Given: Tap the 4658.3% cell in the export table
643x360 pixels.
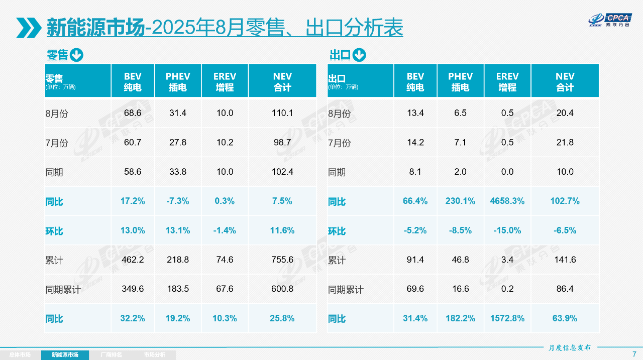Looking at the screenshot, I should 507,201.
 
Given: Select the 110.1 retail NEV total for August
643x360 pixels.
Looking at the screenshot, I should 282,113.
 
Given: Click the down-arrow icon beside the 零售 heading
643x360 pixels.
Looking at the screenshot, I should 76,55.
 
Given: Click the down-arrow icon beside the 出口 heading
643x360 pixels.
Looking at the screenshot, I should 359,55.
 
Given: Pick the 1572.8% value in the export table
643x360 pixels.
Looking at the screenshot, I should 507,318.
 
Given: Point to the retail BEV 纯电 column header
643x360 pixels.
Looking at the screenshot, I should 133,81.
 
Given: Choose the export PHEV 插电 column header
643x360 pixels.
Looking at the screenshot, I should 460,81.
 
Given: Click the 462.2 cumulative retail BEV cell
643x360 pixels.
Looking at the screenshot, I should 133,260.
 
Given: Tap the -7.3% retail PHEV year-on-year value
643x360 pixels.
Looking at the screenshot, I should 178,201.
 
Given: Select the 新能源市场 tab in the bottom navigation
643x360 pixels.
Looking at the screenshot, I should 65,355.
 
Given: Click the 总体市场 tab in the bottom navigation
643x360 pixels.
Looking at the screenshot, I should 20,355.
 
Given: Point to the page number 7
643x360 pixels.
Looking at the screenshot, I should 634,354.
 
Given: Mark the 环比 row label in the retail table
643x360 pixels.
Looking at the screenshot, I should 54,231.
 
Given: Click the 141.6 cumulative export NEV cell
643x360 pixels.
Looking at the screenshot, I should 565,260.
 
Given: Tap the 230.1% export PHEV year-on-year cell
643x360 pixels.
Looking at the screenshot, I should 460,201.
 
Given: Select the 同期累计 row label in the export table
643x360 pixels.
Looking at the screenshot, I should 346,290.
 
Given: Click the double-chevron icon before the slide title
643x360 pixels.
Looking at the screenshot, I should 28,28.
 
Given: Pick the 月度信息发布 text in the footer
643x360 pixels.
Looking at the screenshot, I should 570,347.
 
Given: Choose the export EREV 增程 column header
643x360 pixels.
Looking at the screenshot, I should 507,81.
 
